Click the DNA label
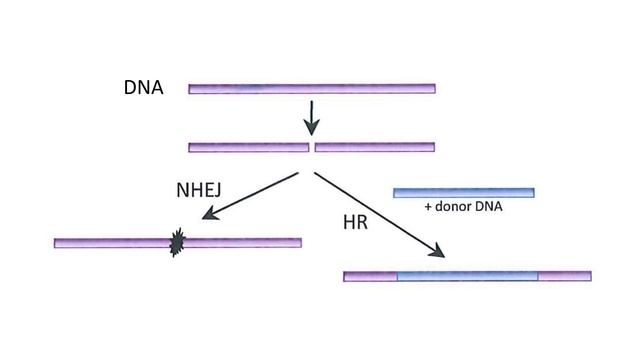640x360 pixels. pyautogui.click(x=144, y=88)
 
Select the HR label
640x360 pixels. pyautogui.click(x=355, y=222)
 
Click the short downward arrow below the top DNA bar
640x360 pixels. pyautogui.click(x=312, y=117)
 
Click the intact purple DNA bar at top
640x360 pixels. pyautogui.click(x=312, y=89)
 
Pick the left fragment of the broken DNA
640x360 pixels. pyautogui.click(x=248, y=147)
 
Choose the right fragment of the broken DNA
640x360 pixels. pyautogui.click(x=375, y=147)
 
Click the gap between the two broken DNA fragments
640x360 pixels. pyautogui.click(x=312, y=147)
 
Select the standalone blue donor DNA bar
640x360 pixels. pyautogui.click(x=463, y=192)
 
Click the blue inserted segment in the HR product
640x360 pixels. pyautogui.click(x=467, y=276)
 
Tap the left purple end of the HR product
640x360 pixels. pyautogui.click(x=370, y=276)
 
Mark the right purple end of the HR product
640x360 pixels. pyautogui.click(x=565, y=276)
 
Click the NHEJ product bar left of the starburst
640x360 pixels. pyautogui.click(x=110, y=243)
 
